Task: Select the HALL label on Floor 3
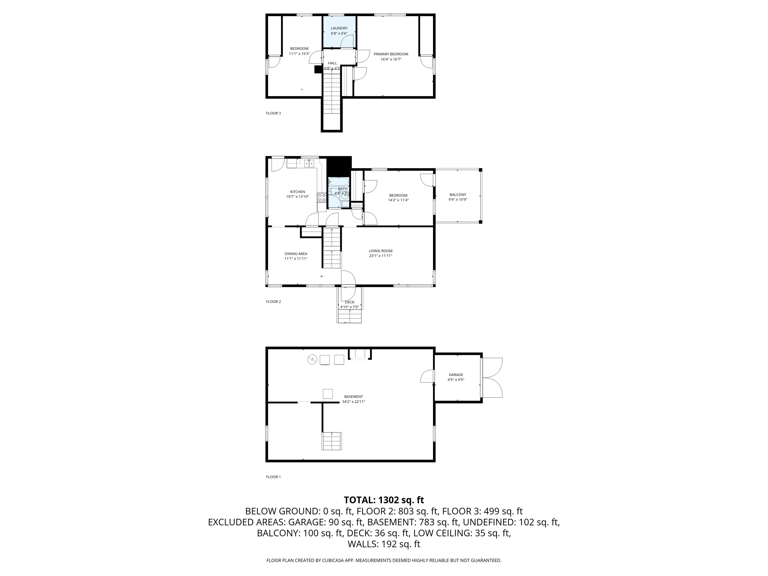click(x=332, y=63)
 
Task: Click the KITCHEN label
click(x=297, y=192)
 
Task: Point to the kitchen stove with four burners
click(x=322, y=197)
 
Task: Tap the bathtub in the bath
click(x=338, y=182)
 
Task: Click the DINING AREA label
click(x=296, y=254)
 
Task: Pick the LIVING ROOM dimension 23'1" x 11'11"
click(x=380, y=256)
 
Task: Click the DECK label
click(x=350, y=302)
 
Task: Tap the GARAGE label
click(x=456, y=375)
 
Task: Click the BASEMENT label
click(x=353, y=396)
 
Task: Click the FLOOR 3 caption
click(x=273, y=113)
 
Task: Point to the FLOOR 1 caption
click(x=273, y=477)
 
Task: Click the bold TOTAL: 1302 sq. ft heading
click(x=384, y=500)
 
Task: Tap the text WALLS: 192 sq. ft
click(x=384, y=544)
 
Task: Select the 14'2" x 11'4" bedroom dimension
click(x=398, y=200)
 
